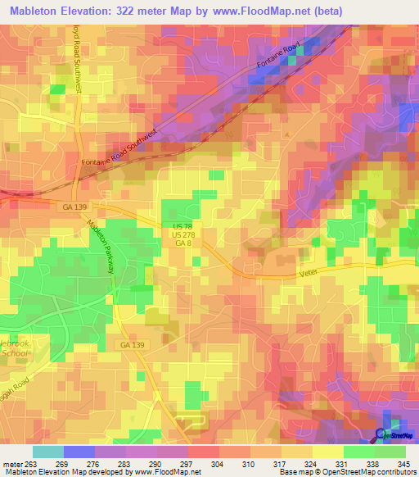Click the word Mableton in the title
pyautogui.click(x=39, y=11)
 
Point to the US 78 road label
pyautogui.click(x=182, y=225)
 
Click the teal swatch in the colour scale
pyautogui.click(x=47, y=452)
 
